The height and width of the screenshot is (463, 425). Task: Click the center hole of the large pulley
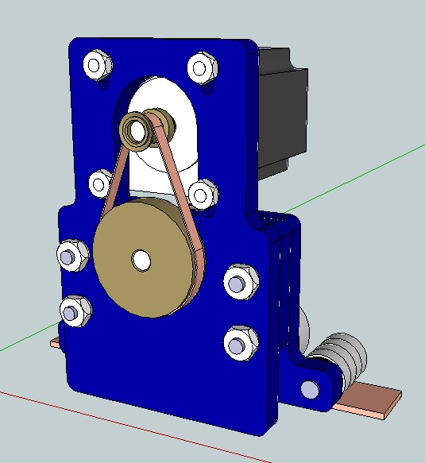tap(141, 259)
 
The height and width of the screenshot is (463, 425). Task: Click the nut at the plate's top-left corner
tap(98, 64)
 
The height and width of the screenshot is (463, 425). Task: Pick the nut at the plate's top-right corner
tap(202, 68)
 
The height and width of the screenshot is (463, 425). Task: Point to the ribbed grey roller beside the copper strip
tap(342, 357)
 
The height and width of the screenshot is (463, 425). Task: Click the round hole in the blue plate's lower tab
tap(309, 389)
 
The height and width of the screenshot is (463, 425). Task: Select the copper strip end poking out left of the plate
tap(55, 343)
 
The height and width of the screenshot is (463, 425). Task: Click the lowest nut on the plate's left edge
tap(74, 311)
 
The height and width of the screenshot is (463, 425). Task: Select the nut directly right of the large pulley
tap(238, 281)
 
